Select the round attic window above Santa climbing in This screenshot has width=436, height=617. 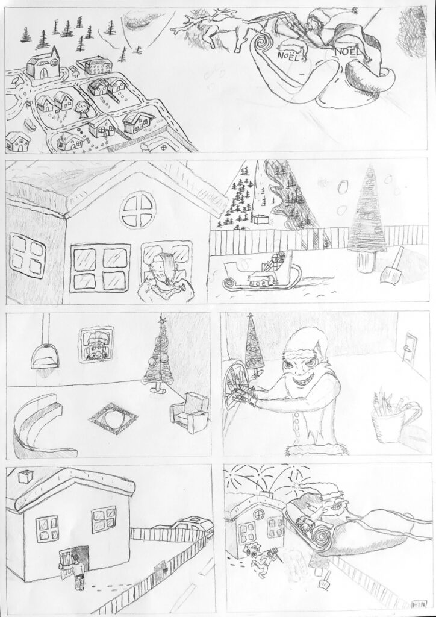point(138,210)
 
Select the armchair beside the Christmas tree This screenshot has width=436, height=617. point(190,412)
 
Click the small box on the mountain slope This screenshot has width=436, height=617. point(260,219)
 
